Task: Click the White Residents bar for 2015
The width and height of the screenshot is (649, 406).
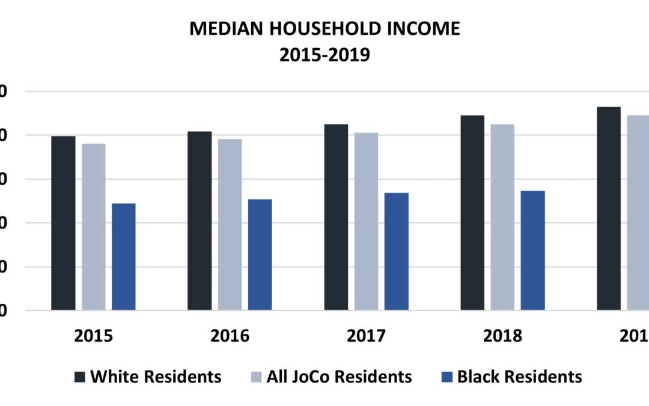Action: pos(63,223)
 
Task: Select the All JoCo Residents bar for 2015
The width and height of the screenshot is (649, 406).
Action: pos(93,227)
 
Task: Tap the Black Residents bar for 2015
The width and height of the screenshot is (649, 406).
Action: pos(124,257)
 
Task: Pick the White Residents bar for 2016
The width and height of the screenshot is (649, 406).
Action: pos(200,221)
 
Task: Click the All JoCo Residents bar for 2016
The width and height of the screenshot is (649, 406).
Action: pos(230,224)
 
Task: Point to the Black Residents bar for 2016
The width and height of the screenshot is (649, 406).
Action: pos(260,254)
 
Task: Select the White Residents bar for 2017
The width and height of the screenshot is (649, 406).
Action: pos(336,217)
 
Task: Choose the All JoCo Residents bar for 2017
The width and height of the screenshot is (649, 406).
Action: pos(366,221)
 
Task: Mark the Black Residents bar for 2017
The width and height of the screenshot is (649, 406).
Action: pos(397,251)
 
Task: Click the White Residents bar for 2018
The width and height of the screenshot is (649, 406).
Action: pos(472,212)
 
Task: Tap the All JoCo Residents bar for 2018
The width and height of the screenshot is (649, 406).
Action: pos(502,217)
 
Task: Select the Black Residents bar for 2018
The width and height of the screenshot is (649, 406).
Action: pos(533,250)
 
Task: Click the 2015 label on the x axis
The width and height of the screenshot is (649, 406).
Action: pos(93,336)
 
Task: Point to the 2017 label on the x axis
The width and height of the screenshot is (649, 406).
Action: pos(366,336)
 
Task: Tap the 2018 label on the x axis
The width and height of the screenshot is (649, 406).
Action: pos(502,336)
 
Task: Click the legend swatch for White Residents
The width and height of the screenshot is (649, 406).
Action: pos(79,377)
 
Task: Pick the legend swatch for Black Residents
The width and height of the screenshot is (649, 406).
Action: pos(446,377)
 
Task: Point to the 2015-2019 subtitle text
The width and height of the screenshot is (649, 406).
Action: pos(324,55)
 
